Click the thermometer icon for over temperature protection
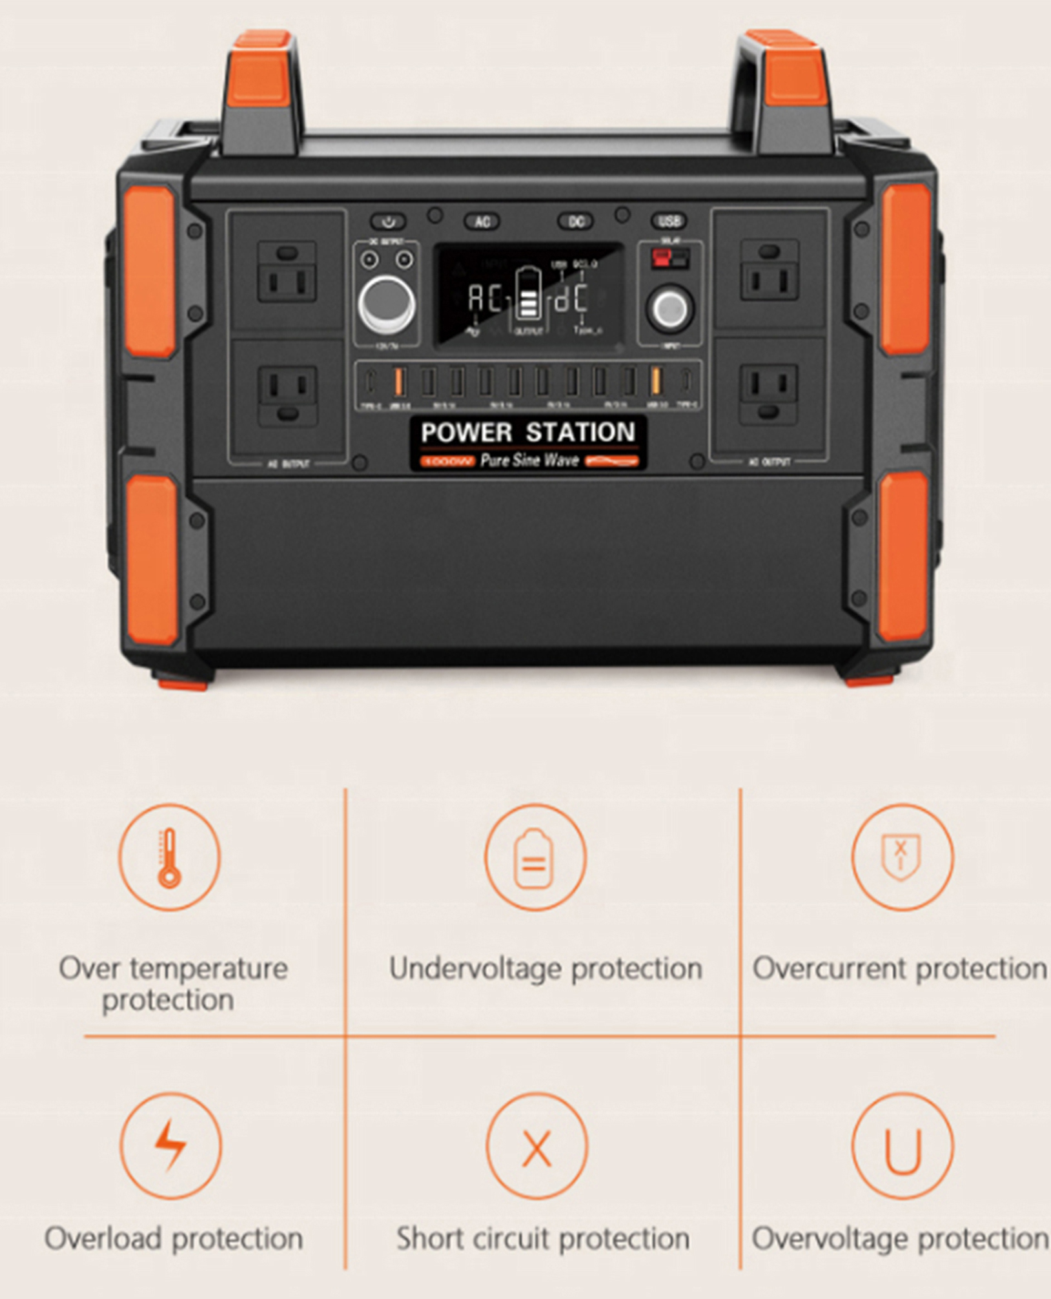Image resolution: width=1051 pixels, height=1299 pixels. pos(169,857)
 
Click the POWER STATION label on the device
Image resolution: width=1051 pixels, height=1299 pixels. pos(527,432)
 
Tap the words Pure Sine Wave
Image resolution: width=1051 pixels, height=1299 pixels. pos(529,461)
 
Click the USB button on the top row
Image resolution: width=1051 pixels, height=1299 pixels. pos(669,222)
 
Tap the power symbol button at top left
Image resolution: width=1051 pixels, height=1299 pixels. pos(388,222)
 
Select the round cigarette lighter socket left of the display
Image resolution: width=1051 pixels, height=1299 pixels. pos(387,304)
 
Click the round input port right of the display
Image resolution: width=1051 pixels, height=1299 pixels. pos(670,309)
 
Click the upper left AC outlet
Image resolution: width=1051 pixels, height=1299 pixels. pos(287,271)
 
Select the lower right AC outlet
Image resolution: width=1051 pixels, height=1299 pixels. pos(768,394)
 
